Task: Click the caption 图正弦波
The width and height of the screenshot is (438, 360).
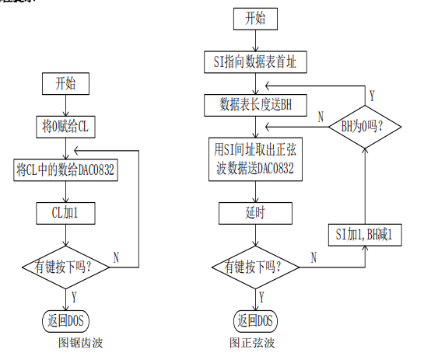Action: click(252, 342)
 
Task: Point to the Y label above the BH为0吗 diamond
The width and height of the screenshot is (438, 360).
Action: click(372, 96)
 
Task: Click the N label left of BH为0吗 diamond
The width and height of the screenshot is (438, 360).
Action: click(321, 117)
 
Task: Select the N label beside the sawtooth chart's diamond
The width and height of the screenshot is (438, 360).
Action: click(116, 256)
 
